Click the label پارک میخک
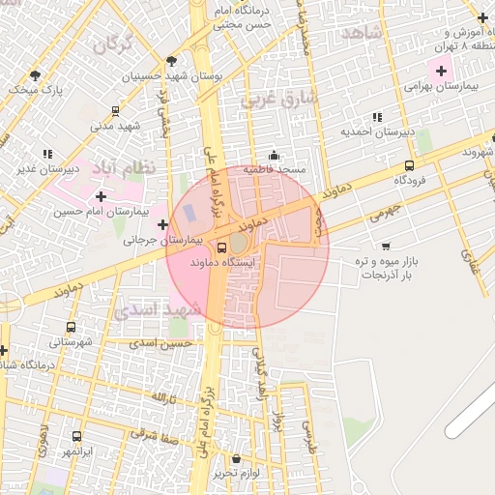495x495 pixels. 35,90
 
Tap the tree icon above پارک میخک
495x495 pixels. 36,74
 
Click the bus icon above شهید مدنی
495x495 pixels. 116,111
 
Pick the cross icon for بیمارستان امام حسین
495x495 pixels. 101,196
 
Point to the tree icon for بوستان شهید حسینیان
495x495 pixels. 172,60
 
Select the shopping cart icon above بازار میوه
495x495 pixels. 387,247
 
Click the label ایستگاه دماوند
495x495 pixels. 223,262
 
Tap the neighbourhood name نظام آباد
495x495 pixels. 123,168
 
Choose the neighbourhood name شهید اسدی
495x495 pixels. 158,310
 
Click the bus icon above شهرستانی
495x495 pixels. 71,328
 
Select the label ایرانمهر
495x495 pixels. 76,451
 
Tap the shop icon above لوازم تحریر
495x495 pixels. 237,458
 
